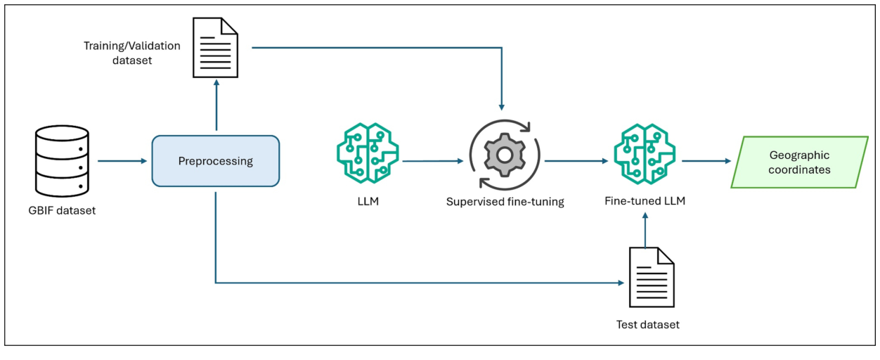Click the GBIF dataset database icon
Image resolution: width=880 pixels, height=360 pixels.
point(62,160)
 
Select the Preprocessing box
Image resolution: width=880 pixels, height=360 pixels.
point(216,161)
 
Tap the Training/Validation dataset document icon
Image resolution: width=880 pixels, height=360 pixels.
point(216,48)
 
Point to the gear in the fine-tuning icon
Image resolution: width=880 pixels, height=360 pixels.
point(504,155)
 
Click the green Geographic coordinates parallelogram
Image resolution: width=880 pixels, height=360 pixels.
point(799,162)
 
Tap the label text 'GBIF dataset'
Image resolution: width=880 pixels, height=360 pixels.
point(63,210)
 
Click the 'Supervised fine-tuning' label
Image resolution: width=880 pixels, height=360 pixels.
point(505,202)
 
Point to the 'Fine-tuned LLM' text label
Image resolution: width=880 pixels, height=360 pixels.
point(645,201)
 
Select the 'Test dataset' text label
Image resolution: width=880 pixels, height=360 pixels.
point(647,324)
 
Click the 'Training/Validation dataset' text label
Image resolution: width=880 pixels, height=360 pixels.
point(132,53)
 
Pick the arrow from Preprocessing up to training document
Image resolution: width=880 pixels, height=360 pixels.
point(216,106)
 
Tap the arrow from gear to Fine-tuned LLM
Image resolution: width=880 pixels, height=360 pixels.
point(575,161)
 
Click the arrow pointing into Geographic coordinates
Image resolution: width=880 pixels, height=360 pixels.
point(706,161)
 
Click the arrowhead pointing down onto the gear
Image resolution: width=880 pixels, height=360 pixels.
point(501,107)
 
